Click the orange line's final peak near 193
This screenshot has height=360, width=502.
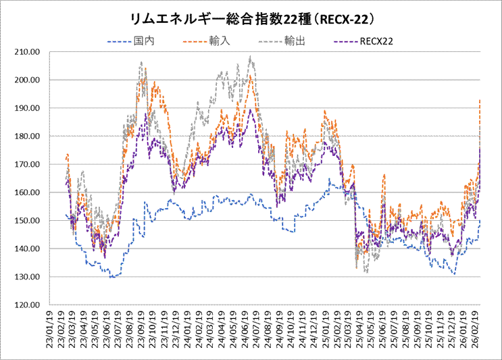point(479,100)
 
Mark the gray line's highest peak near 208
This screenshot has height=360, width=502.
point(251,57)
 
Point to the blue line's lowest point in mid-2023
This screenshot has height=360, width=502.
point(111,277)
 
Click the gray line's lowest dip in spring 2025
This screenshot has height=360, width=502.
point(366,272)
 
